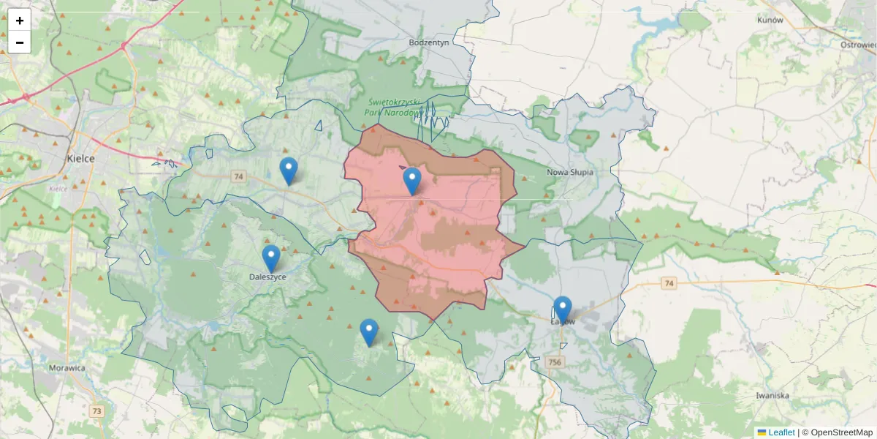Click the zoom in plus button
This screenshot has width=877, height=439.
(20, 20)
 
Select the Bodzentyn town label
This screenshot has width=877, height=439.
(429, 42)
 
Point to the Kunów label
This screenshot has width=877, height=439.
(770, 20)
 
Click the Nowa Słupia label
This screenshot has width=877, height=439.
(570, 173)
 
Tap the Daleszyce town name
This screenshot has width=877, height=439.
(267, 277)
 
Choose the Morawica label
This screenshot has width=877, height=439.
(67, 368)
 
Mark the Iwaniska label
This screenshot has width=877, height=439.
(772, 395)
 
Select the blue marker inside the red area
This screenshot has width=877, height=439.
(412, 181)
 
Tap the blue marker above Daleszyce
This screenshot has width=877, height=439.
(271, 258)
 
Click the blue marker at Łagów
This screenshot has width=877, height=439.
(562, 309)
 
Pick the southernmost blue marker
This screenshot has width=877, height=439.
(369, 332)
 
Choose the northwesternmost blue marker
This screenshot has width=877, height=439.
(289, 170)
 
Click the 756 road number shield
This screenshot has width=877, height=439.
(555, 362)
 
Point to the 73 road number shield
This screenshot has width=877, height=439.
(96, 411)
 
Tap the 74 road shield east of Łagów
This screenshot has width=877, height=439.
(668, 282)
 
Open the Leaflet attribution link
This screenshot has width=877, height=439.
(781, 432)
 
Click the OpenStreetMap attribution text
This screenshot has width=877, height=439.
(837, 432)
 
